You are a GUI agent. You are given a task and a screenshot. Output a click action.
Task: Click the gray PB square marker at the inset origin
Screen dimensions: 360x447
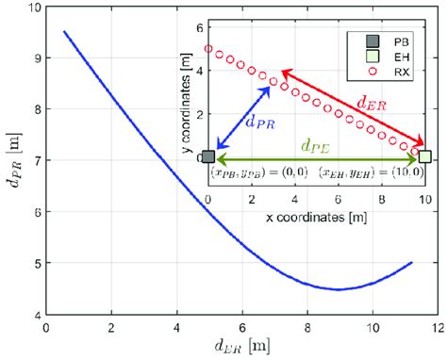point(208,157)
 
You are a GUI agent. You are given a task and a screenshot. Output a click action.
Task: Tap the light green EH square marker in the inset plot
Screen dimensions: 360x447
point(425,157)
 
